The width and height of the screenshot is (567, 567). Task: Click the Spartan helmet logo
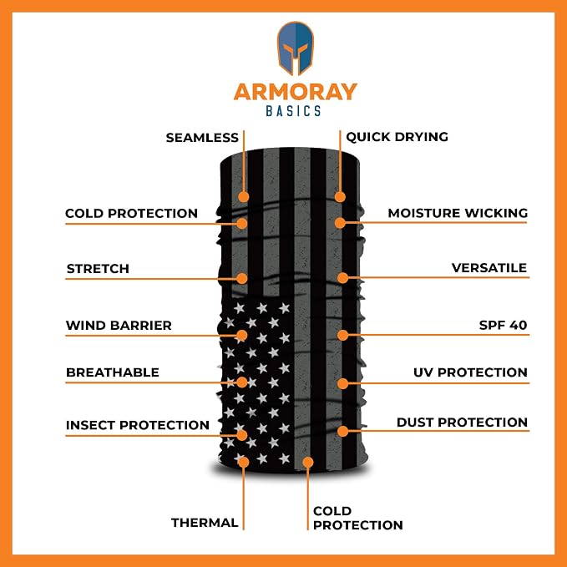295,48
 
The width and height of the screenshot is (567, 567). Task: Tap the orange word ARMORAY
295,92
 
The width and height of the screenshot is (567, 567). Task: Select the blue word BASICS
293,111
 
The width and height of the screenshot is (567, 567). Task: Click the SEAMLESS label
202,138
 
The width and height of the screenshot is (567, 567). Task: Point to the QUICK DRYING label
397,137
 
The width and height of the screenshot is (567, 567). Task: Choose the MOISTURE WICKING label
458,213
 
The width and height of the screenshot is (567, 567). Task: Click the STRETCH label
98,269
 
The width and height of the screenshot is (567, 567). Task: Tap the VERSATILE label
489,268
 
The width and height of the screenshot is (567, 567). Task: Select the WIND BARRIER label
119,326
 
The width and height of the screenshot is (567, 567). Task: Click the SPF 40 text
503,325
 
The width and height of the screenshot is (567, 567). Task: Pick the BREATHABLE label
113,372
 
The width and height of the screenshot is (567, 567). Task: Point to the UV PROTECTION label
470,372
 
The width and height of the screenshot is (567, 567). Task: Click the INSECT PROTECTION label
138,425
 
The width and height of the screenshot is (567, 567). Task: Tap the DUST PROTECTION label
462,423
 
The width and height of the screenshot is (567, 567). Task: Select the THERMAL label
205,523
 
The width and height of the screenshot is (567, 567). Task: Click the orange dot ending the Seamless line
243,197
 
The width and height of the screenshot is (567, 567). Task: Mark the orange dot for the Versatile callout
342,278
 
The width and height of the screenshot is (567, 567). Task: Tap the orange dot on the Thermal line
243,462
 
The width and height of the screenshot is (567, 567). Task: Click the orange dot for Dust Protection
342,431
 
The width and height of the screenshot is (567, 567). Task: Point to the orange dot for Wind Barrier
242,336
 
